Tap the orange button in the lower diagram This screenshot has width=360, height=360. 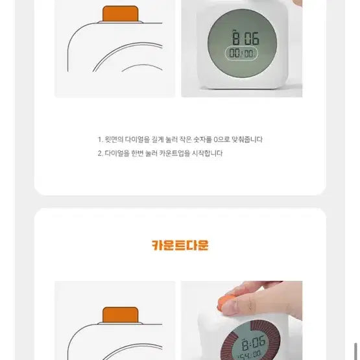click(x=120, y=315)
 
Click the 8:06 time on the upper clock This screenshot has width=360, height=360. click(x=246, y=37)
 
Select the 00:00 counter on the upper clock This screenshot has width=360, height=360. click(x=241, y=54)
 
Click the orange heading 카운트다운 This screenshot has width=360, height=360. click(x=180, y=245)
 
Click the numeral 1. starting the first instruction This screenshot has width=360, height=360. click(x=100, y=139)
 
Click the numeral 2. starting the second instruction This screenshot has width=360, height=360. click(x=101, y=154)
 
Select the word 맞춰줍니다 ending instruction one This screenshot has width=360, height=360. click(x=248, y=139)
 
